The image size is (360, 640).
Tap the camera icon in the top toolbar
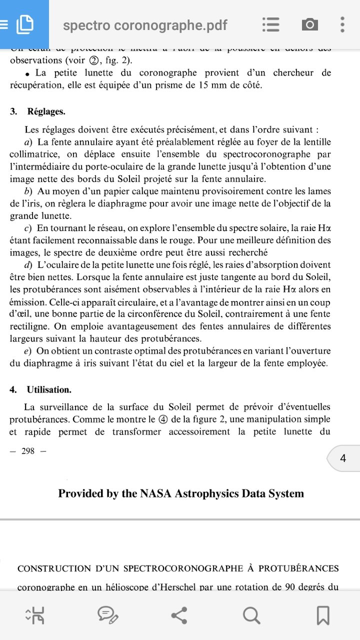(309, 24)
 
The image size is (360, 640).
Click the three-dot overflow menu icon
(342, 24)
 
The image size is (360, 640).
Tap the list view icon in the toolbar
(270, 24)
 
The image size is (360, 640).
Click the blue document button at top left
(24, 24)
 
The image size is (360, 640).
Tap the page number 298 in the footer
(28, 451)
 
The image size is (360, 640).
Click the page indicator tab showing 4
(343, 458)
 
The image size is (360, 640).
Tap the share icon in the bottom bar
(179, 615)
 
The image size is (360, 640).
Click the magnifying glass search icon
(251, 615)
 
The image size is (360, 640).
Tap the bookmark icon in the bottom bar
(322, 615)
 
